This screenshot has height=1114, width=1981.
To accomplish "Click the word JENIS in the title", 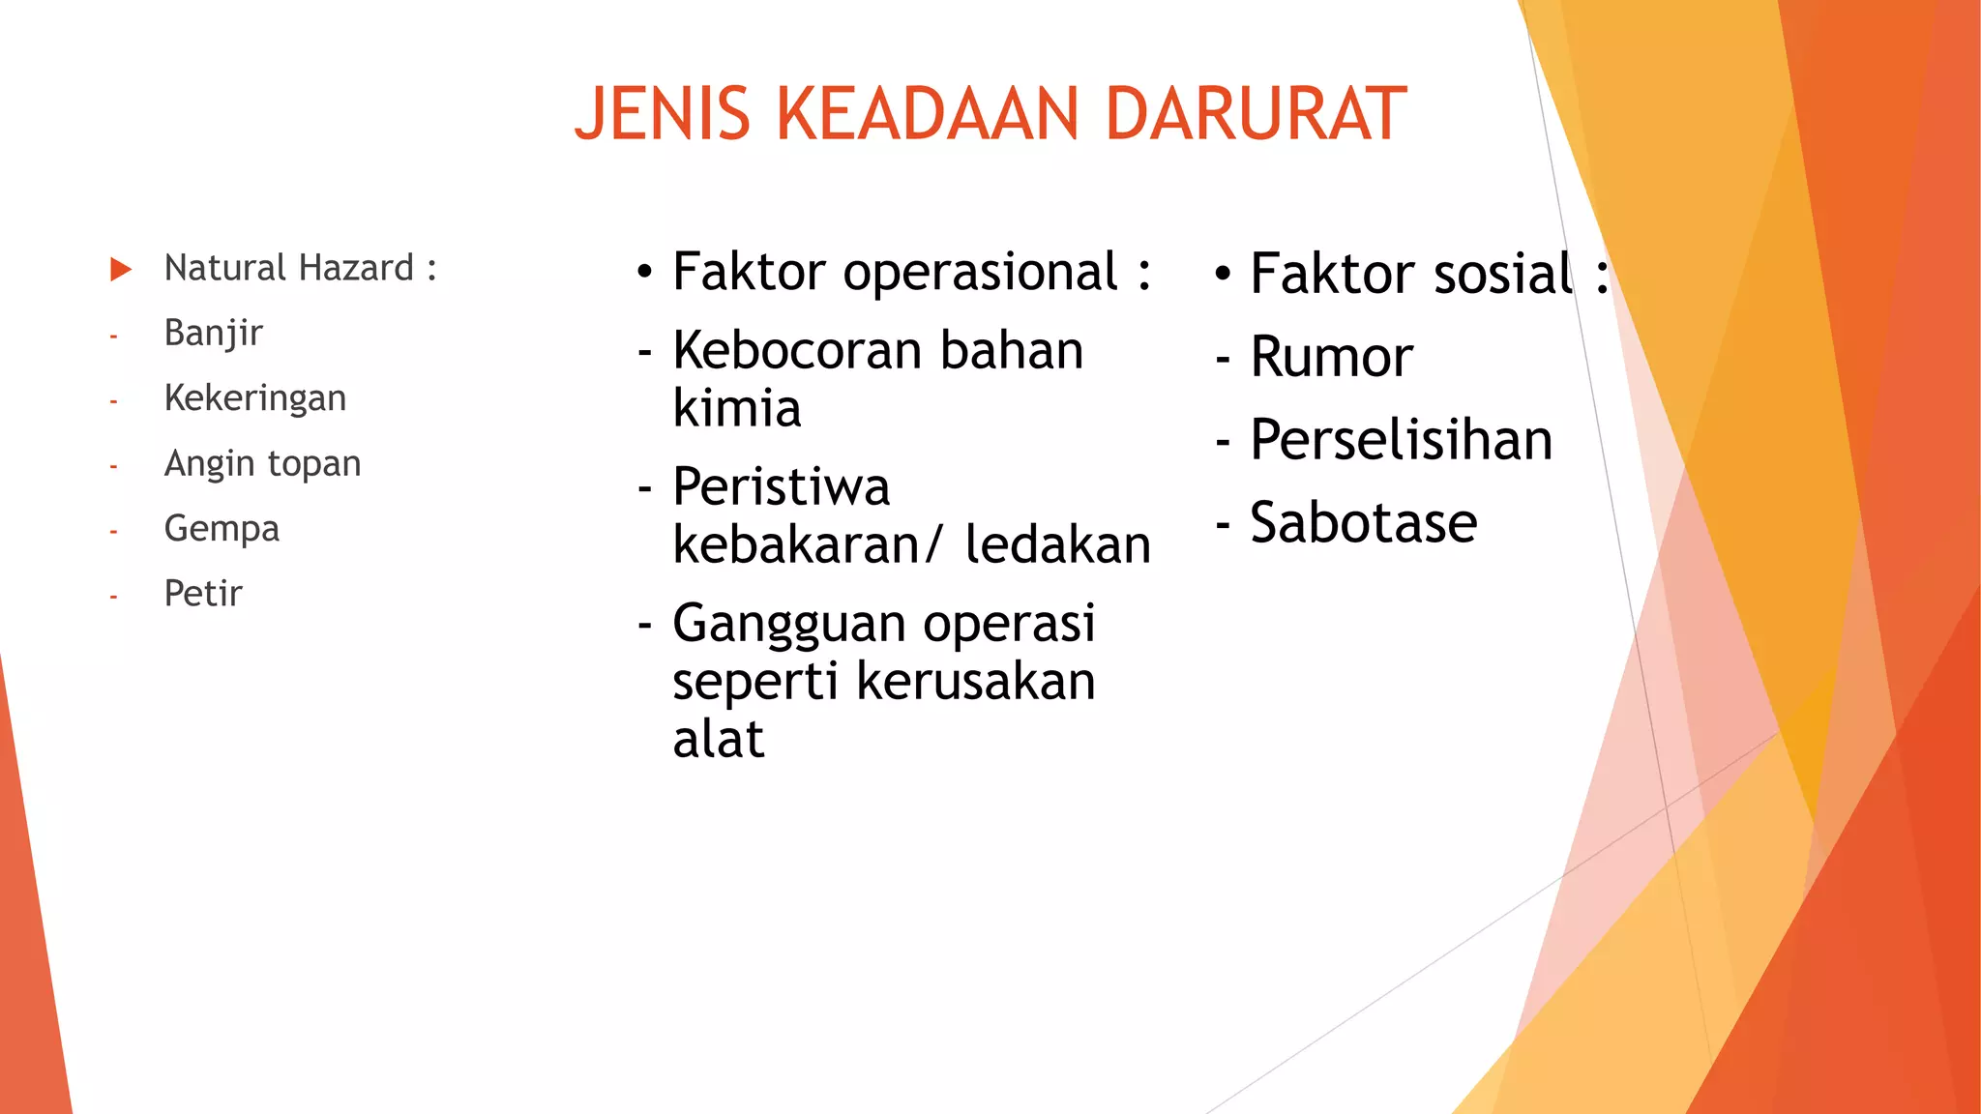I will [x=663, y=114].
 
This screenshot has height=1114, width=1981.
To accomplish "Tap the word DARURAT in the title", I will [x=1256, y=114].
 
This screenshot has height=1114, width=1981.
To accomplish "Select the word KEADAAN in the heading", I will [x=927, y=114].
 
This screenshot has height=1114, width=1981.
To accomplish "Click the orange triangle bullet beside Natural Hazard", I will [x=121, y=269].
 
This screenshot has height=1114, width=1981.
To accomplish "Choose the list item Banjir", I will [x=213, y=334].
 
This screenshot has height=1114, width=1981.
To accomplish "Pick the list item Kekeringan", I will [x=255, y=398].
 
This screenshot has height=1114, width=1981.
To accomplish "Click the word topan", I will [x=313, y=464].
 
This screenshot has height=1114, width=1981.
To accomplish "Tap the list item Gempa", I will [x=222, y=529].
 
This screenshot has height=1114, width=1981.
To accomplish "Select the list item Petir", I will [x=203, y=594].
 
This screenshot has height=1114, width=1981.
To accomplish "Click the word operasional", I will [x=981, y=273].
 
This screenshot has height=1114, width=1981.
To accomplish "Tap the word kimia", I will [x=737, y=409].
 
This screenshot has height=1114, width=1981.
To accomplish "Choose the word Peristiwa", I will [x=781, y=486].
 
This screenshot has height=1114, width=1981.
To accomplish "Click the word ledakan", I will [x=1058, y=544].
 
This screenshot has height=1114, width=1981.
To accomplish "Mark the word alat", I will [x=718, y=740].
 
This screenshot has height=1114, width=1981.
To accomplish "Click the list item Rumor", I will [x=1331, y=357].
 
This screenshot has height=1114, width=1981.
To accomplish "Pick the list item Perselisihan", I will [x=1402, y=440].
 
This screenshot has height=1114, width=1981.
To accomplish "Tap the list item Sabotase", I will [x=1364, y=523].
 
